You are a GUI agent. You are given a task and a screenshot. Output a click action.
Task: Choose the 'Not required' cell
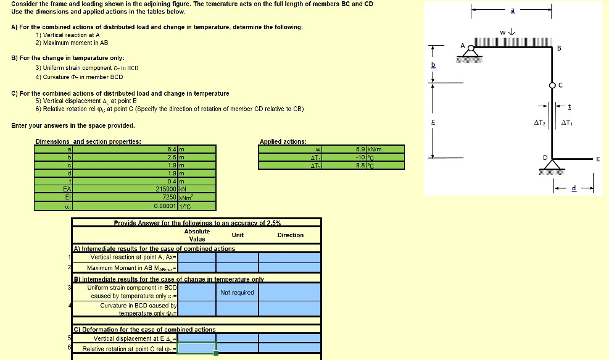(x=237, y=292)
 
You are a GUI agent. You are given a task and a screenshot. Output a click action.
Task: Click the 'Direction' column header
(x=290, y=235)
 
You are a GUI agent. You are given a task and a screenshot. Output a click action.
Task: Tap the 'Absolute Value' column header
(x=197, y=235)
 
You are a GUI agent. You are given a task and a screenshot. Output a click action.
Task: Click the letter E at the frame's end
(x=598, y=159)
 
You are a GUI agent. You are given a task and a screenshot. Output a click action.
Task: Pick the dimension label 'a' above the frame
(x=512, y=10)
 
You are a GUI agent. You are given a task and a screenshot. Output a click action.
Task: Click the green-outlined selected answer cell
(x=197, y=349)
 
